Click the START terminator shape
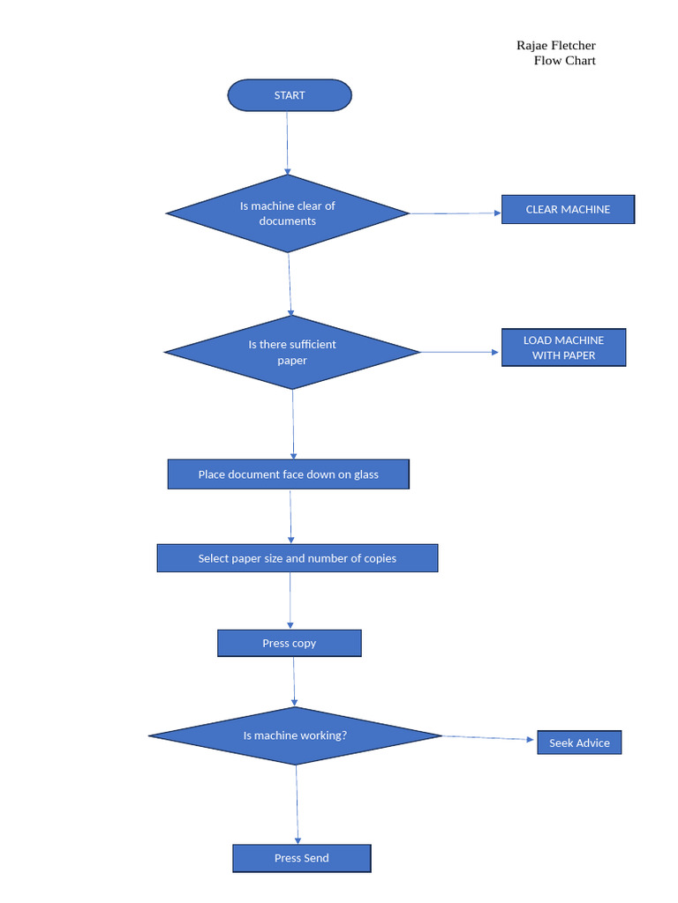point(290,95)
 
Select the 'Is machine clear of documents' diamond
point(288,213)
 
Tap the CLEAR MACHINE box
point(568,209)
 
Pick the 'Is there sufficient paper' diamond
point(292,353)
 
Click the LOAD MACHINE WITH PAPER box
point(563,347)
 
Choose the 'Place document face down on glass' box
point(288,474)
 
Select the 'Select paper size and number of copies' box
point(297,558)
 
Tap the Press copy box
point(289,643)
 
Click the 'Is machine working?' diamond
point(295,735)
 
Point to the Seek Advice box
point(579,743)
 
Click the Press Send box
point(301,858)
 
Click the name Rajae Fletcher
point(555,45)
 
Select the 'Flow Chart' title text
point(564,61)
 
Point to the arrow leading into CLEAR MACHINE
point(456,213)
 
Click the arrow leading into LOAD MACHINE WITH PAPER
point(459,352)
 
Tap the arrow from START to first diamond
point(287,143)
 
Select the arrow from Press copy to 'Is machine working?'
point(294,682)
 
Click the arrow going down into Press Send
point(298,804)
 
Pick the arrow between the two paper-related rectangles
point(290,517)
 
